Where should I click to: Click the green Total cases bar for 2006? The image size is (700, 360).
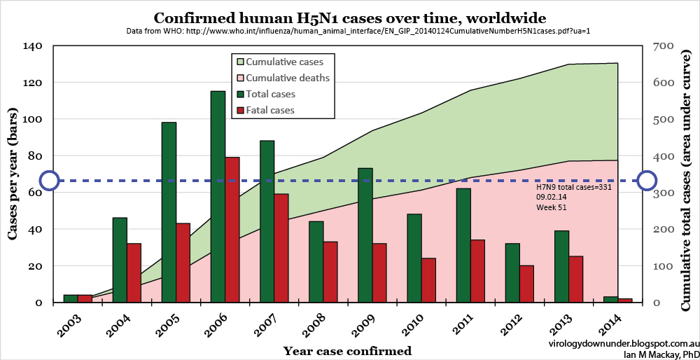[x=218, y=196]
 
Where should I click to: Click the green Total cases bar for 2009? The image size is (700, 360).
[x=365, y=235]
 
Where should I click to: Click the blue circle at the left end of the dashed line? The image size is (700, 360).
[x=49, y=181]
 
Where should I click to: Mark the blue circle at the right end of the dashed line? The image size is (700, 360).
[x=647, y=181]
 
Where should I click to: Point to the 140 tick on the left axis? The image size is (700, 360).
[x=34, y=46]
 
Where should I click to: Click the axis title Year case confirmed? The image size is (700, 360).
[x=347, y=350]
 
